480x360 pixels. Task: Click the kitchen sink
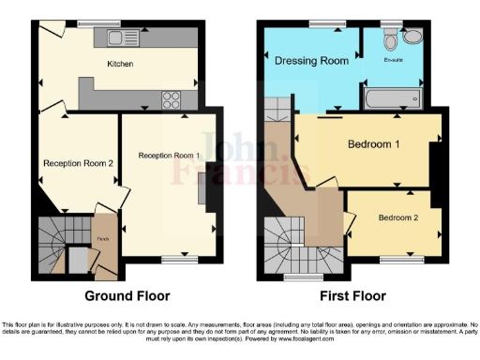tap(123, 37)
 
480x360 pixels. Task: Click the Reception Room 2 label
tap(78, 163)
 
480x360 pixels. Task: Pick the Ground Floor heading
tap(127, 296)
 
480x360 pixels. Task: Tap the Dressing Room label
tap(311, 60)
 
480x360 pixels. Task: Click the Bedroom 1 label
tap(374, 145)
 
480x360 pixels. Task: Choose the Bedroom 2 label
tap(398, 217)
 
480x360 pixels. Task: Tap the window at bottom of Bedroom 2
tap(401, 258)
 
